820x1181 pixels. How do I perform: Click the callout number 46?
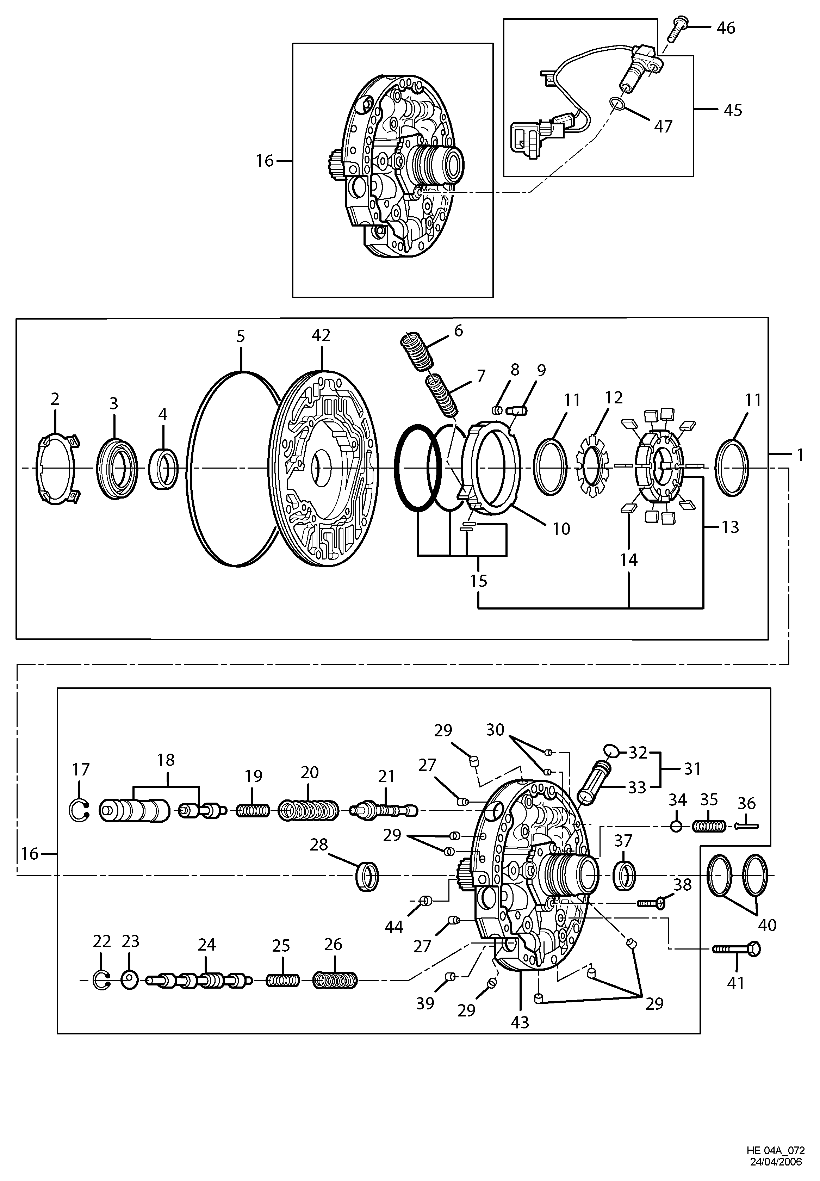pyautogui.click(x=726, y=28)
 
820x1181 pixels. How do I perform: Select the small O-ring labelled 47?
pyautogui.click(x=618, y=104)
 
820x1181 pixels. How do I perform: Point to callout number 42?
pyautogui.click(x=321, y=335)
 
